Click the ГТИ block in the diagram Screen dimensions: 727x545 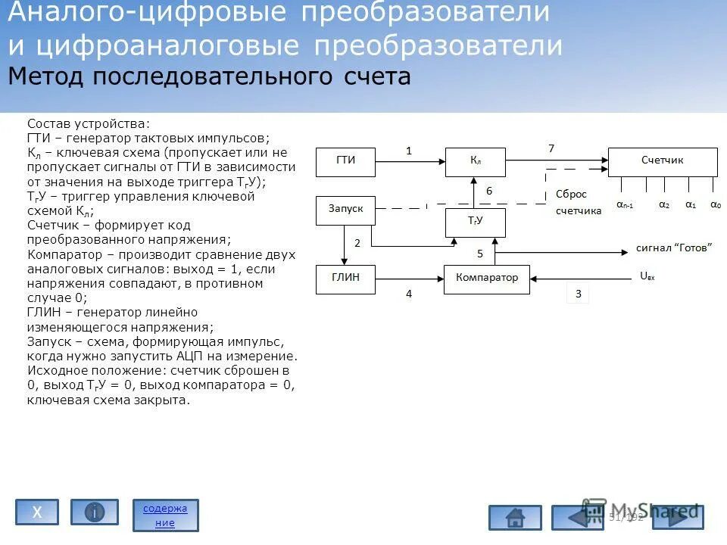(345, 160)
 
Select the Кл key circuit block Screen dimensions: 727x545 (476, 161)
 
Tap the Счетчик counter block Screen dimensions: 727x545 (663, 161)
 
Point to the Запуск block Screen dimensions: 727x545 (345, 210)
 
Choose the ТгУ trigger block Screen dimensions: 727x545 (476, 221)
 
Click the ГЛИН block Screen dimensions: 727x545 (345, 278)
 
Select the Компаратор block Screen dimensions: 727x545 (487, 278)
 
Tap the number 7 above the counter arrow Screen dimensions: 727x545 (551, 148)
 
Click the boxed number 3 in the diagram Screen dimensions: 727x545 (578, 294)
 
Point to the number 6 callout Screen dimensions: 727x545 (489, 192)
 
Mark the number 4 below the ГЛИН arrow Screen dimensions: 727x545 (409, 294)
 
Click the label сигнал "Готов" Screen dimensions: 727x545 (674, 248)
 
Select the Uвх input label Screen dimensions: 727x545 (647, 276)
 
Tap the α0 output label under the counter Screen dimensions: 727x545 (715, 204)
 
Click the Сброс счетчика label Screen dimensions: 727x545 (579, 203)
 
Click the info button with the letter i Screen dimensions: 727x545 (95, 512)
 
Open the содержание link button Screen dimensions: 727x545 (165, 515)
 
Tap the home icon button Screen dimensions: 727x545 (515, 518)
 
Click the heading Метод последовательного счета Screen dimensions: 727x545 (209, 77)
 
